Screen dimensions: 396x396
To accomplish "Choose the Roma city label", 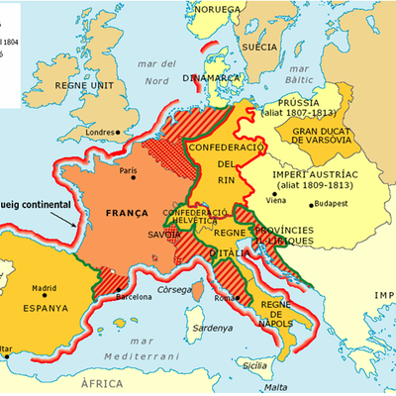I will (221, 298).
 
